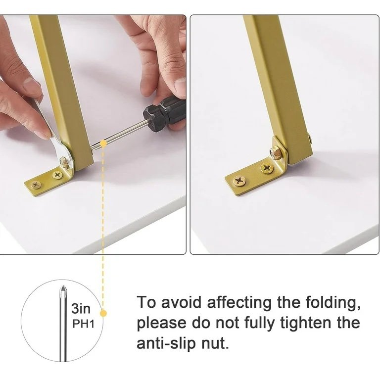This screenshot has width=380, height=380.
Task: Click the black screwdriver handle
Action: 165,114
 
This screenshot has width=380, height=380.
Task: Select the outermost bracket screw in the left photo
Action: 36,185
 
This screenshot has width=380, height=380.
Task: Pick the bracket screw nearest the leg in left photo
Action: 57,175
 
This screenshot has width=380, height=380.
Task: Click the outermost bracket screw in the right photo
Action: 239,181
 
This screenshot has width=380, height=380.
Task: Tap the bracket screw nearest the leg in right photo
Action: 267,168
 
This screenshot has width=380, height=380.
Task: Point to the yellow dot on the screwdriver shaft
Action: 103,143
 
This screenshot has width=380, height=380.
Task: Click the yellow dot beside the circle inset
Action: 103,313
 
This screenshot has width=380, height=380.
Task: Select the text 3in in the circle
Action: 81,309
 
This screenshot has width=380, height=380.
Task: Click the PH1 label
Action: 83,324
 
